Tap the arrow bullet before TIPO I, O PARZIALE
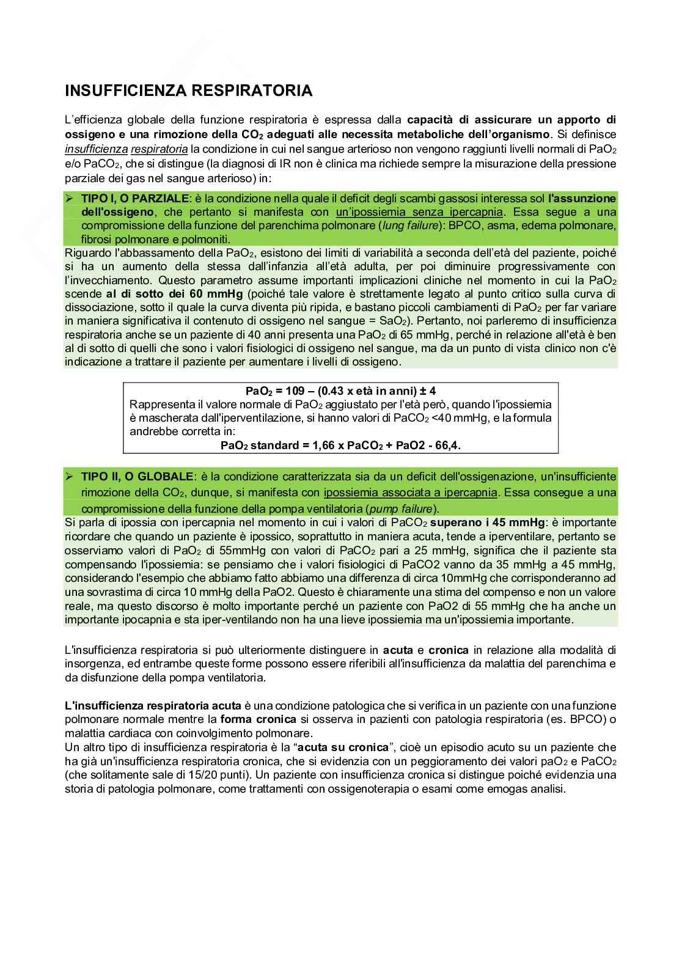[69, 199]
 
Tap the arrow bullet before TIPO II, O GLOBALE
[69, 476]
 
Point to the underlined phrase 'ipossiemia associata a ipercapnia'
[411, 493]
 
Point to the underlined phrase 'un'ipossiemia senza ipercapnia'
[420, 212]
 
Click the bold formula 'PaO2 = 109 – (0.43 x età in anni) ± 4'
[340, 391]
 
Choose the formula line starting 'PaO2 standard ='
[340, 446]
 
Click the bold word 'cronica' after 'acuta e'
[449, 650]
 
